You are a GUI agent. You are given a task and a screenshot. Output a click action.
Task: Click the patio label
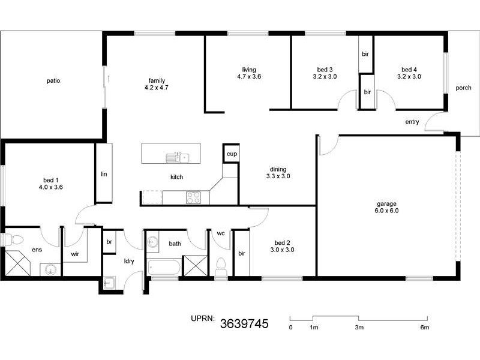pyautogui.click(x=53, y=80)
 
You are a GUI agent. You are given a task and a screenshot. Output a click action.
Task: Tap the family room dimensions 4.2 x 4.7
pyautogui.click(x=157, y=88)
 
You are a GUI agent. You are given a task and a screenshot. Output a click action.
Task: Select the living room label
pyautogui.click(x=248, y=70)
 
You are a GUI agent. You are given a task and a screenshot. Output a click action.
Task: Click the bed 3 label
pyautogui.click(x=325, y=70)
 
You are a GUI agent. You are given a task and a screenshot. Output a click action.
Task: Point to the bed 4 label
pyautogui.click(x=409, y=70)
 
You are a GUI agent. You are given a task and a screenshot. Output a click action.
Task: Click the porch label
pyautogui.click(x=463, y=88)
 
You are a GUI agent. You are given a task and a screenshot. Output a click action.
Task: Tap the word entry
pyautogui.click(x=412, y=122)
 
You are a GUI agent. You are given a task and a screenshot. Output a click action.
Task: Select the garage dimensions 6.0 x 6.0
pyautogui.click(x=387, y=211)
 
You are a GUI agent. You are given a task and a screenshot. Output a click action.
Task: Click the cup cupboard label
pyautogui.click(x=231, y=154)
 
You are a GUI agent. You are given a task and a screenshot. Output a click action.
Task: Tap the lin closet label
pyautogui.click(x=103, y=174)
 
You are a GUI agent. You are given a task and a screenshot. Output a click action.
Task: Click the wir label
pyautogui.click(x=75, y=254)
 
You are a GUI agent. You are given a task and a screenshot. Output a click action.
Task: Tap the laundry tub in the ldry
pyautogui.click(x=110, y=283)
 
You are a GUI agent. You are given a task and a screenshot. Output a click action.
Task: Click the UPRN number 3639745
pyautogui.click(x=244, y=325)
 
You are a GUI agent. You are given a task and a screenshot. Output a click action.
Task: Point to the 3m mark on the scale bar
pyautogui.click(x=359, y=328)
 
